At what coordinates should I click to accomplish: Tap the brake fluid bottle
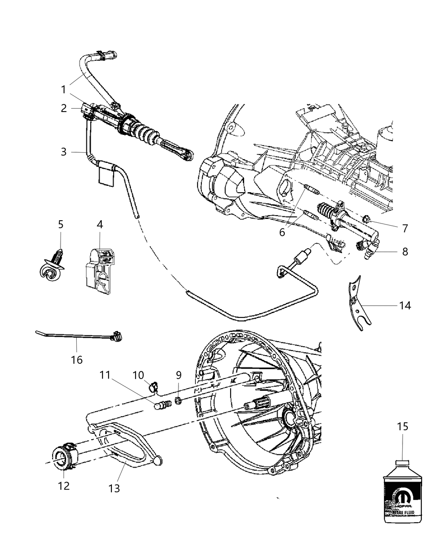(402, 496)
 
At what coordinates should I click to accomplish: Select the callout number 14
(405, 305)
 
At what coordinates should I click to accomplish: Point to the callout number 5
(61, 224)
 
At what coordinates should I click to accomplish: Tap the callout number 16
(77, 360)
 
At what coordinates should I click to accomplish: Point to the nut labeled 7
(367, 219)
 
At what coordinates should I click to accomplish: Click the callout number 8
(405, 251)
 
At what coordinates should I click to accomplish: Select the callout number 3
(64, 151)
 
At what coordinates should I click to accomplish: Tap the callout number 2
(64, 108)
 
